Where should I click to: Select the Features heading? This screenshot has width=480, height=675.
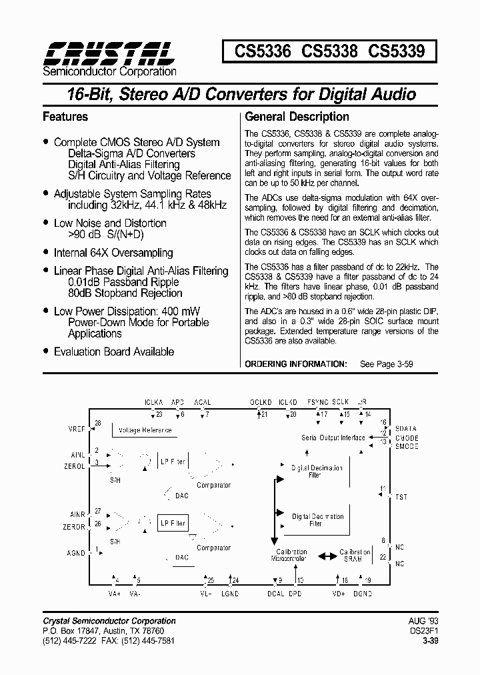coord(65,117)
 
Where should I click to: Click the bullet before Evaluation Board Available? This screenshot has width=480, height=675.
coord(45,351)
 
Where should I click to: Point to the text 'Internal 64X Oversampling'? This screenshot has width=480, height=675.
coord(113,253)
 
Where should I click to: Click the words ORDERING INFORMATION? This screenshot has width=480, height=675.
coord(296,364)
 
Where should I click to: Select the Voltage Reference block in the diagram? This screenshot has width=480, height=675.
coord(145,430)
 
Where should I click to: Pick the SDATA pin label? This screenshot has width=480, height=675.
coord(406,428)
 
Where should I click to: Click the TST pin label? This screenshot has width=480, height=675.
coord(401,497)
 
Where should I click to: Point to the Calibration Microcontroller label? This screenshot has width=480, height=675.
coord(289,556)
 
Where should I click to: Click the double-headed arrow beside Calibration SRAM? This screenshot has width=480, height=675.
coord(327,556)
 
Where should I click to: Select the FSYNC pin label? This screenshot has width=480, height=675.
coord(318,402)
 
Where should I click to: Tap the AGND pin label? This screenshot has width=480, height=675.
coord(76,553)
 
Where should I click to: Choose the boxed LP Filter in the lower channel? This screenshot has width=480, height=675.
coord(172,524)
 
